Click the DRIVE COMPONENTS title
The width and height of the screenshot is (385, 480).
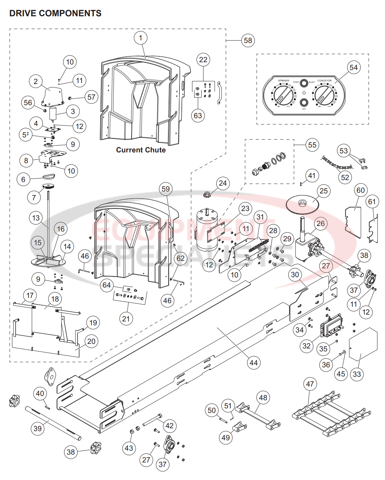55,13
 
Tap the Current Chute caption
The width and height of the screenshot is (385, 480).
141,150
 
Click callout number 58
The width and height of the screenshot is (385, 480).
248,40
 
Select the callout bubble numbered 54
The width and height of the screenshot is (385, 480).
353,67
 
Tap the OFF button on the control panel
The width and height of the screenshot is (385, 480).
304,103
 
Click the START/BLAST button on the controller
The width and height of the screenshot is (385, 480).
304,83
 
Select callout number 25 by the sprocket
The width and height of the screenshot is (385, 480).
323,191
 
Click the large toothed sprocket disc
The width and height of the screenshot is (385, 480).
302,204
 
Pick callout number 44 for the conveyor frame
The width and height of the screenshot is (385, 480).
253,363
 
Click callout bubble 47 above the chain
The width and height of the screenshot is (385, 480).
310,384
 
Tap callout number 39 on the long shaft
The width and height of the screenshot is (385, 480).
38,428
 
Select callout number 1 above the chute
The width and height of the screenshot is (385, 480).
140,38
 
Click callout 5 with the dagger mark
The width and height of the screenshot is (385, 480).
25,134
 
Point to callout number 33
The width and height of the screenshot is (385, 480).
357,374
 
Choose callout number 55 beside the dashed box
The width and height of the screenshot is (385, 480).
312,145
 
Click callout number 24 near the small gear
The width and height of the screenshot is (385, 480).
222,183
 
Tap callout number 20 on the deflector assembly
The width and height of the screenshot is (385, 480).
91,341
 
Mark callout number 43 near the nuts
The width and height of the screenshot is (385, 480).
129,448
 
